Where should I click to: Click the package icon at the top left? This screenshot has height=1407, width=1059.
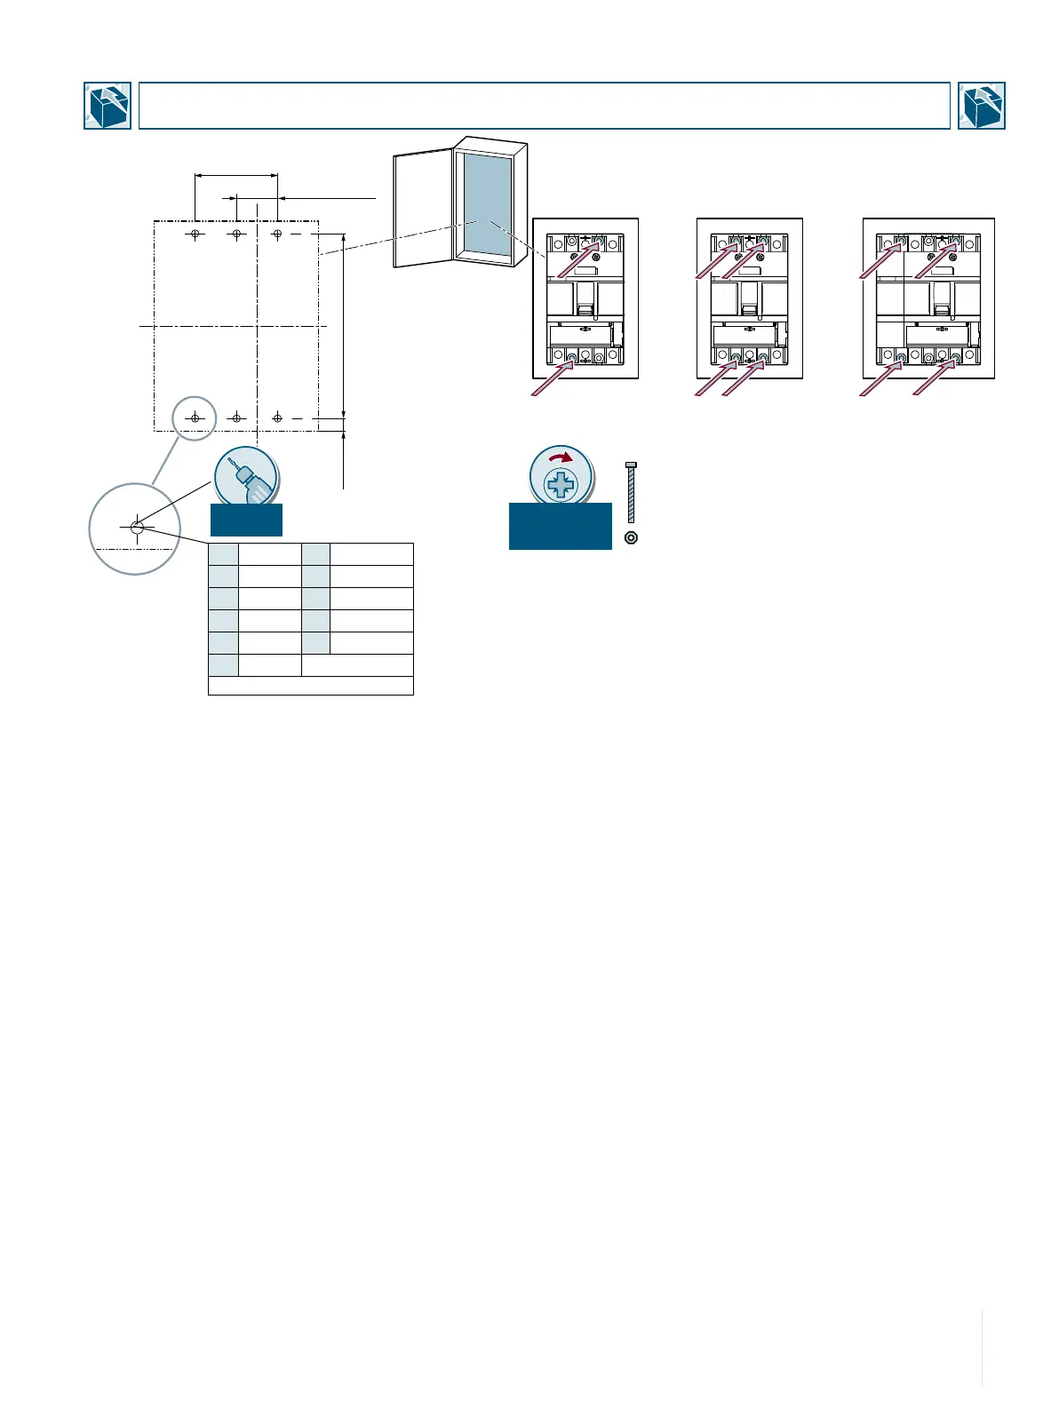click(107, 106)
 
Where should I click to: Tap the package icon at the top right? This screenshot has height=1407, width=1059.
click(982, 106)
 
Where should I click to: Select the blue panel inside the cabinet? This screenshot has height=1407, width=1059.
click(487, 204)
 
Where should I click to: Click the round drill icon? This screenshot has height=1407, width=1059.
click(246, 477)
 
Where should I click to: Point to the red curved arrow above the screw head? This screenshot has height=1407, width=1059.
click(561, 458)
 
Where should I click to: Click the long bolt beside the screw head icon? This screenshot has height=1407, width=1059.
click(631, 493)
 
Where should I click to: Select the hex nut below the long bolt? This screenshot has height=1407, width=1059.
click(631, 537)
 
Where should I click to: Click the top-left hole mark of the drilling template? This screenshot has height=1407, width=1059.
click(195, 234)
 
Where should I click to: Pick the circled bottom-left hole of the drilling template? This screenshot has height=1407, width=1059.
click(195, 417)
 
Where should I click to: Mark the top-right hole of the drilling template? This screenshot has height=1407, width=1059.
click(277, 234)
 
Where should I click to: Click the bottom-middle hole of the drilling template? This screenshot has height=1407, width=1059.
click(236, 417)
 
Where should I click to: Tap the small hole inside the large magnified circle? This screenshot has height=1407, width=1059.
click(137, 527)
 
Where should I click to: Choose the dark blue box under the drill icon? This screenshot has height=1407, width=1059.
click(246, 520)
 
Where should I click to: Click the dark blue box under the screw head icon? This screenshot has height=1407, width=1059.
click(560, 526)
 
